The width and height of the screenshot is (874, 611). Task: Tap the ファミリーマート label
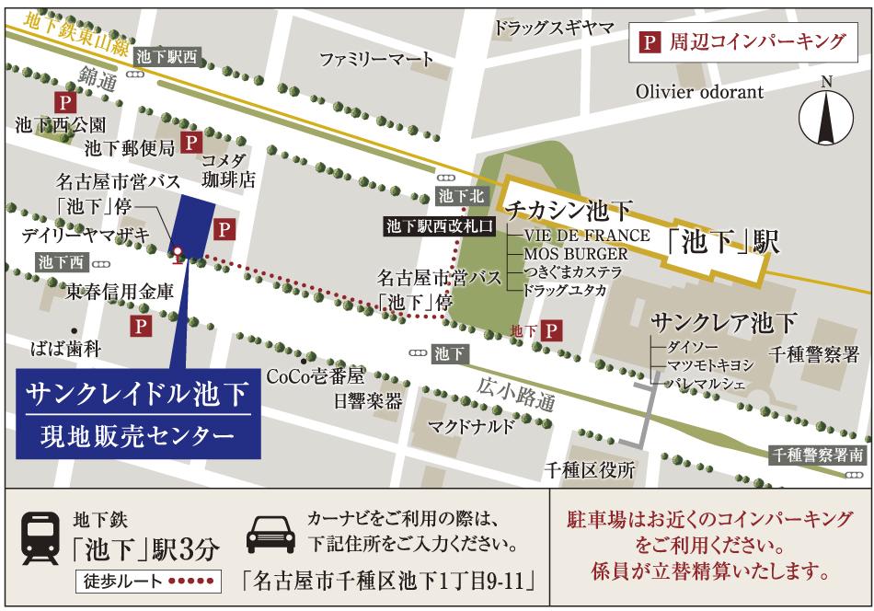[376, 60]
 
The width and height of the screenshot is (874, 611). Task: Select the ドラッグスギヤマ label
[553, 28]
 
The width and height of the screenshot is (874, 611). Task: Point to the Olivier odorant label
[699, 92]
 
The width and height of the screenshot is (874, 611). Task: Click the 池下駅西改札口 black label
[441, 225]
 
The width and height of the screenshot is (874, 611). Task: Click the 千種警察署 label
[814, 354]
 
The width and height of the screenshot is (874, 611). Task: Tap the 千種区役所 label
[590, 470]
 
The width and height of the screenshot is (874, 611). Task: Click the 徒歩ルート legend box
[148, 582]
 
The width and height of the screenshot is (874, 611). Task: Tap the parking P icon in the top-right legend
[650, 41]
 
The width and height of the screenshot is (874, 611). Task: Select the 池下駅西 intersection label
[167, 56]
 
